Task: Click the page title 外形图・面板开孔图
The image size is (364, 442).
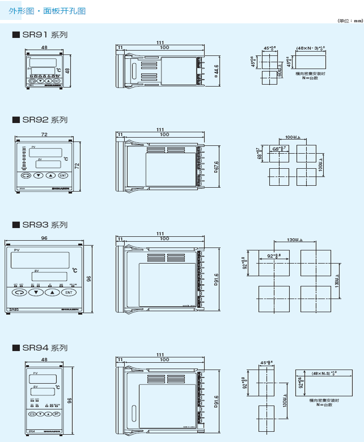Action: click(47, 11)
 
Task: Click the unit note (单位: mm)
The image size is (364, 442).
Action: click(350, 21)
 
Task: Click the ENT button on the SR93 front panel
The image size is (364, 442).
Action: click(68, 292)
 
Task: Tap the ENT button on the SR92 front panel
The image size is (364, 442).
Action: click(63, 176)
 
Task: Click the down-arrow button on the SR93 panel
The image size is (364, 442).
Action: click(36, 292)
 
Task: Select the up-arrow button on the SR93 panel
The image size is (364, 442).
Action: click(52, 292)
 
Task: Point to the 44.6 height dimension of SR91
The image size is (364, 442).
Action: click(216, 70)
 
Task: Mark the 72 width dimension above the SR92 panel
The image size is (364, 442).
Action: click(44, 134)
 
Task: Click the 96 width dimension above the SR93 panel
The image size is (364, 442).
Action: click(44, 238)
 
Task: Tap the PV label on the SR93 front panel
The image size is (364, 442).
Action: click(17, 250)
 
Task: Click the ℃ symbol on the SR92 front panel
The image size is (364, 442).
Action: click(66, 159)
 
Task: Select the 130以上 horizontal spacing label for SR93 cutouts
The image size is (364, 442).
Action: click(295, 240)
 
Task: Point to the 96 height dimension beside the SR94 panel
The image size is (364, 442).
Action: click(69, 400)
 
